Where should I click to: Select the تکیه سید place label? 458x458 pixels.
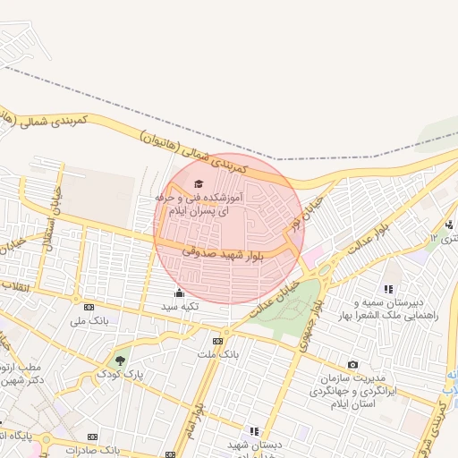[179, 307]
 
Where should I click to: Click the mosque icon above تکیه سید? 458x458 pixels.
[179, 293]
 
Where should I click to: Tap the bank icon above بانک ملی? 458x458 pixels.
[88, 306]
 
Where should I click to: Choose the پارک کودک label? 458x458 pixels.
[121, 373]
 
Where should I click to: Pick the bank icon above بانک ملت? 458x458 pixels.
[217, 341]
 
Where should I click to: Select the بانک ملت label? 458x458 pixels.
[217, 354]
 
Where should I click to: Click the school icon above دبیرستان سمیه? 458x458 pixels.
[388, 289]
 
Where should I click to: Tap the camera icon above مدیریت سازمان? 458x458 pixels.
[352, 364]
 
